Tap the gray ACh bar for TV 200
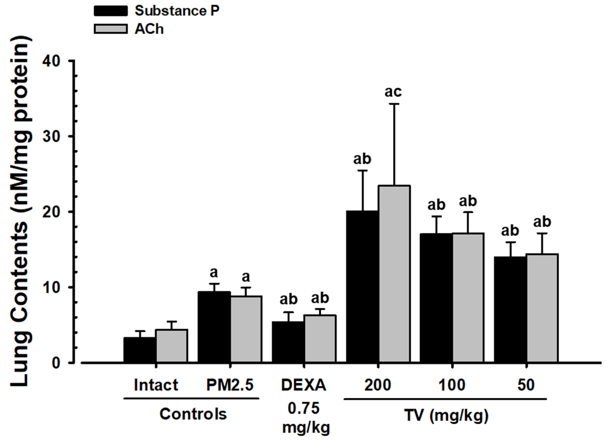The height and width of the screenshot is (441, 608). pyautogui.click(x=394, y=273)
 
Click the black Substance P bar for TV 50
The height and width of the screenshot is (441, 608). pyautogui.click(x=510, y=309)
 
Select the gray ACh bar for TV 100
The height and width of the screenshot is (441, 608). pyautogui.click(x=468, y=298)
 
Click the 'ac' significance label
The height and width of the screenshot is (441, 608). pyautogui.click(x=393, y=92)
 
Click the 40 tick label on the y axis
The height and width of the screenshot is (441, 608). pyautogui.click(x=51, y=61)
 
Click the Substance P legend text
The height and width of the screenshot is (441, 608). pyautogui.click(x=177, y=11)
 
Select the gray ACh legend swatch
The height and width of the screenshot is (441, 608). pyautogui.click(x=111, y=29)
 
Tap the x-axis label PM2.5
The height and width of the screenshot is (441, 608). pyautogui.click(x=230, y=385)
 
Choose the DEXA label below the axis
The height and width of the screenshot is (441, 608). pyautogui.click(x=304, y=385)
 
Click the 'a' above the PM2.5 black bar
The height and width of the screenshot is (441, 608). pyautogui.click(x=214, y=273)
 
